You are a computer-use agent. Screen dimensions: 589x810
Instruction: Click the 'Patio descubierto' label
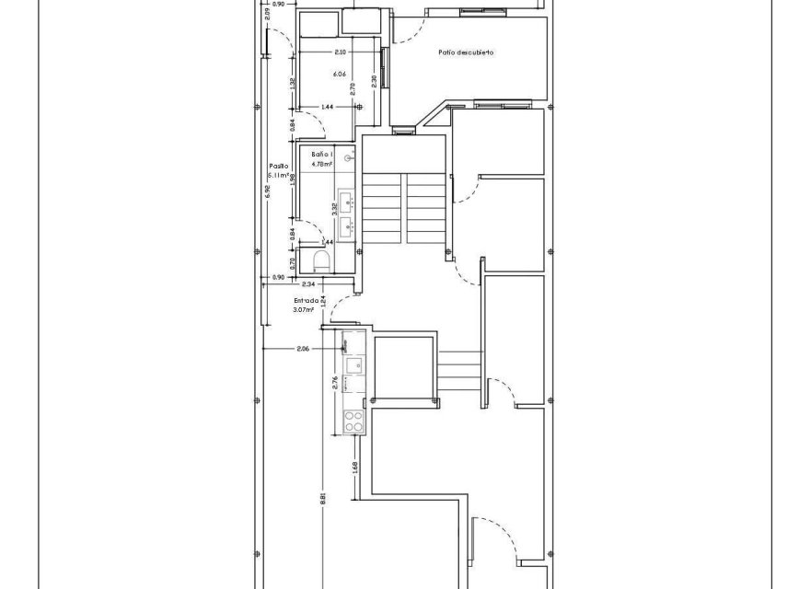pyautogui.click(x=466, y=52)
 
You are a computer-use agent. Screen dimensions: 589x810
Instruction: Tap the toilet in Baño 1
pyautogui.click(x=320, y=261)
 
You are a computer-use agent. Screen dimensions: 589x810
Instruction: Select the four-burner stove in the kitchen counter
pyautogui.click(x=353, y=422)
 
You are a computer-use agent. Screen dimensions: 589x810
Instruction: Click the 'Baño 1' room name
pyautogui.click(x=320, y=154)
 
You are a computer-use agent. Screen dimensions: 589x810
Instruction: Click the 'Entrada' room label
pyautogui.click(x=306, y=300)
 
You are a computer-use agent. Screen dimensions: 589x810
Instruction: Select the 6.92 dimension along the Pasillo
pyautogui.click(x=267, y=191)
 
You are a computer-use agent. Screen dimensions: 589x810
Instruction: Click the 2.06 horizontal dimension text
pyautogui.click(x=303, y=349)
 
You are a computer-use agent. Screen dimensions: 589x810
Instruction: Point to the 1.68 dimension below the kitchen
pyautogui.click(x=354, y=467)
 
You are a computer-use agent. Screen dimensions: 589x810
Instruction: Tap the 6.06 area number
pyautogui.click(x=339, y=74)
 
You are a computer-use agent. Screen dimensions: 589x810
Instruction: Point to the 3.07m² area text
pyautogui.click(x=304, y=310)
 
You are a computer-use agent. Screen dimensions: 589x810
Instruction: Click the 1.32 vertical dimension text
pyautogui.click(x=292, y=82)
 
